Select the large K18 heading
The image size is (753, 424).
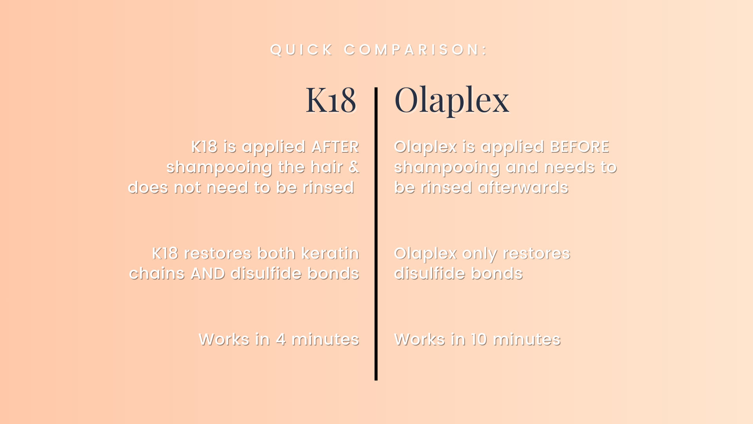pos(331,100)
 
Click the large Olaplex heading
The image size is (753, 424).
pos(452,101)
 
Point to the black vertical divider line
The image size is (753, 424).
pos(376,234)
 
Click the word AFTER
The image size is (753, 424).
pos(335,147)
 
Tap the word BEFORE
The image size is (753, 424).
pos(580,147)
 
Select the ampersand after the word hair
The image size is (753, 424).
pos(354,167)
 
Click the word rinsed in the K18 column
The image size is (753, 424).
pos(328,188)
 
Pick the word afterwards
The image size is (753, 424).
pos(523,188)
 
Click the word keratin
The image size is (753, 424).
pos(330,254)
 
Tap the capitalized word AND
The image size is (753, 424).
pos(208,274)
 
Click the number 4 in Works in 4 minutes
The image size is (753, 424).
pos(280,340)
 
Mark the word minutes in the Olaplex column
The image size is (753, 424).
pos(527,340)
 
